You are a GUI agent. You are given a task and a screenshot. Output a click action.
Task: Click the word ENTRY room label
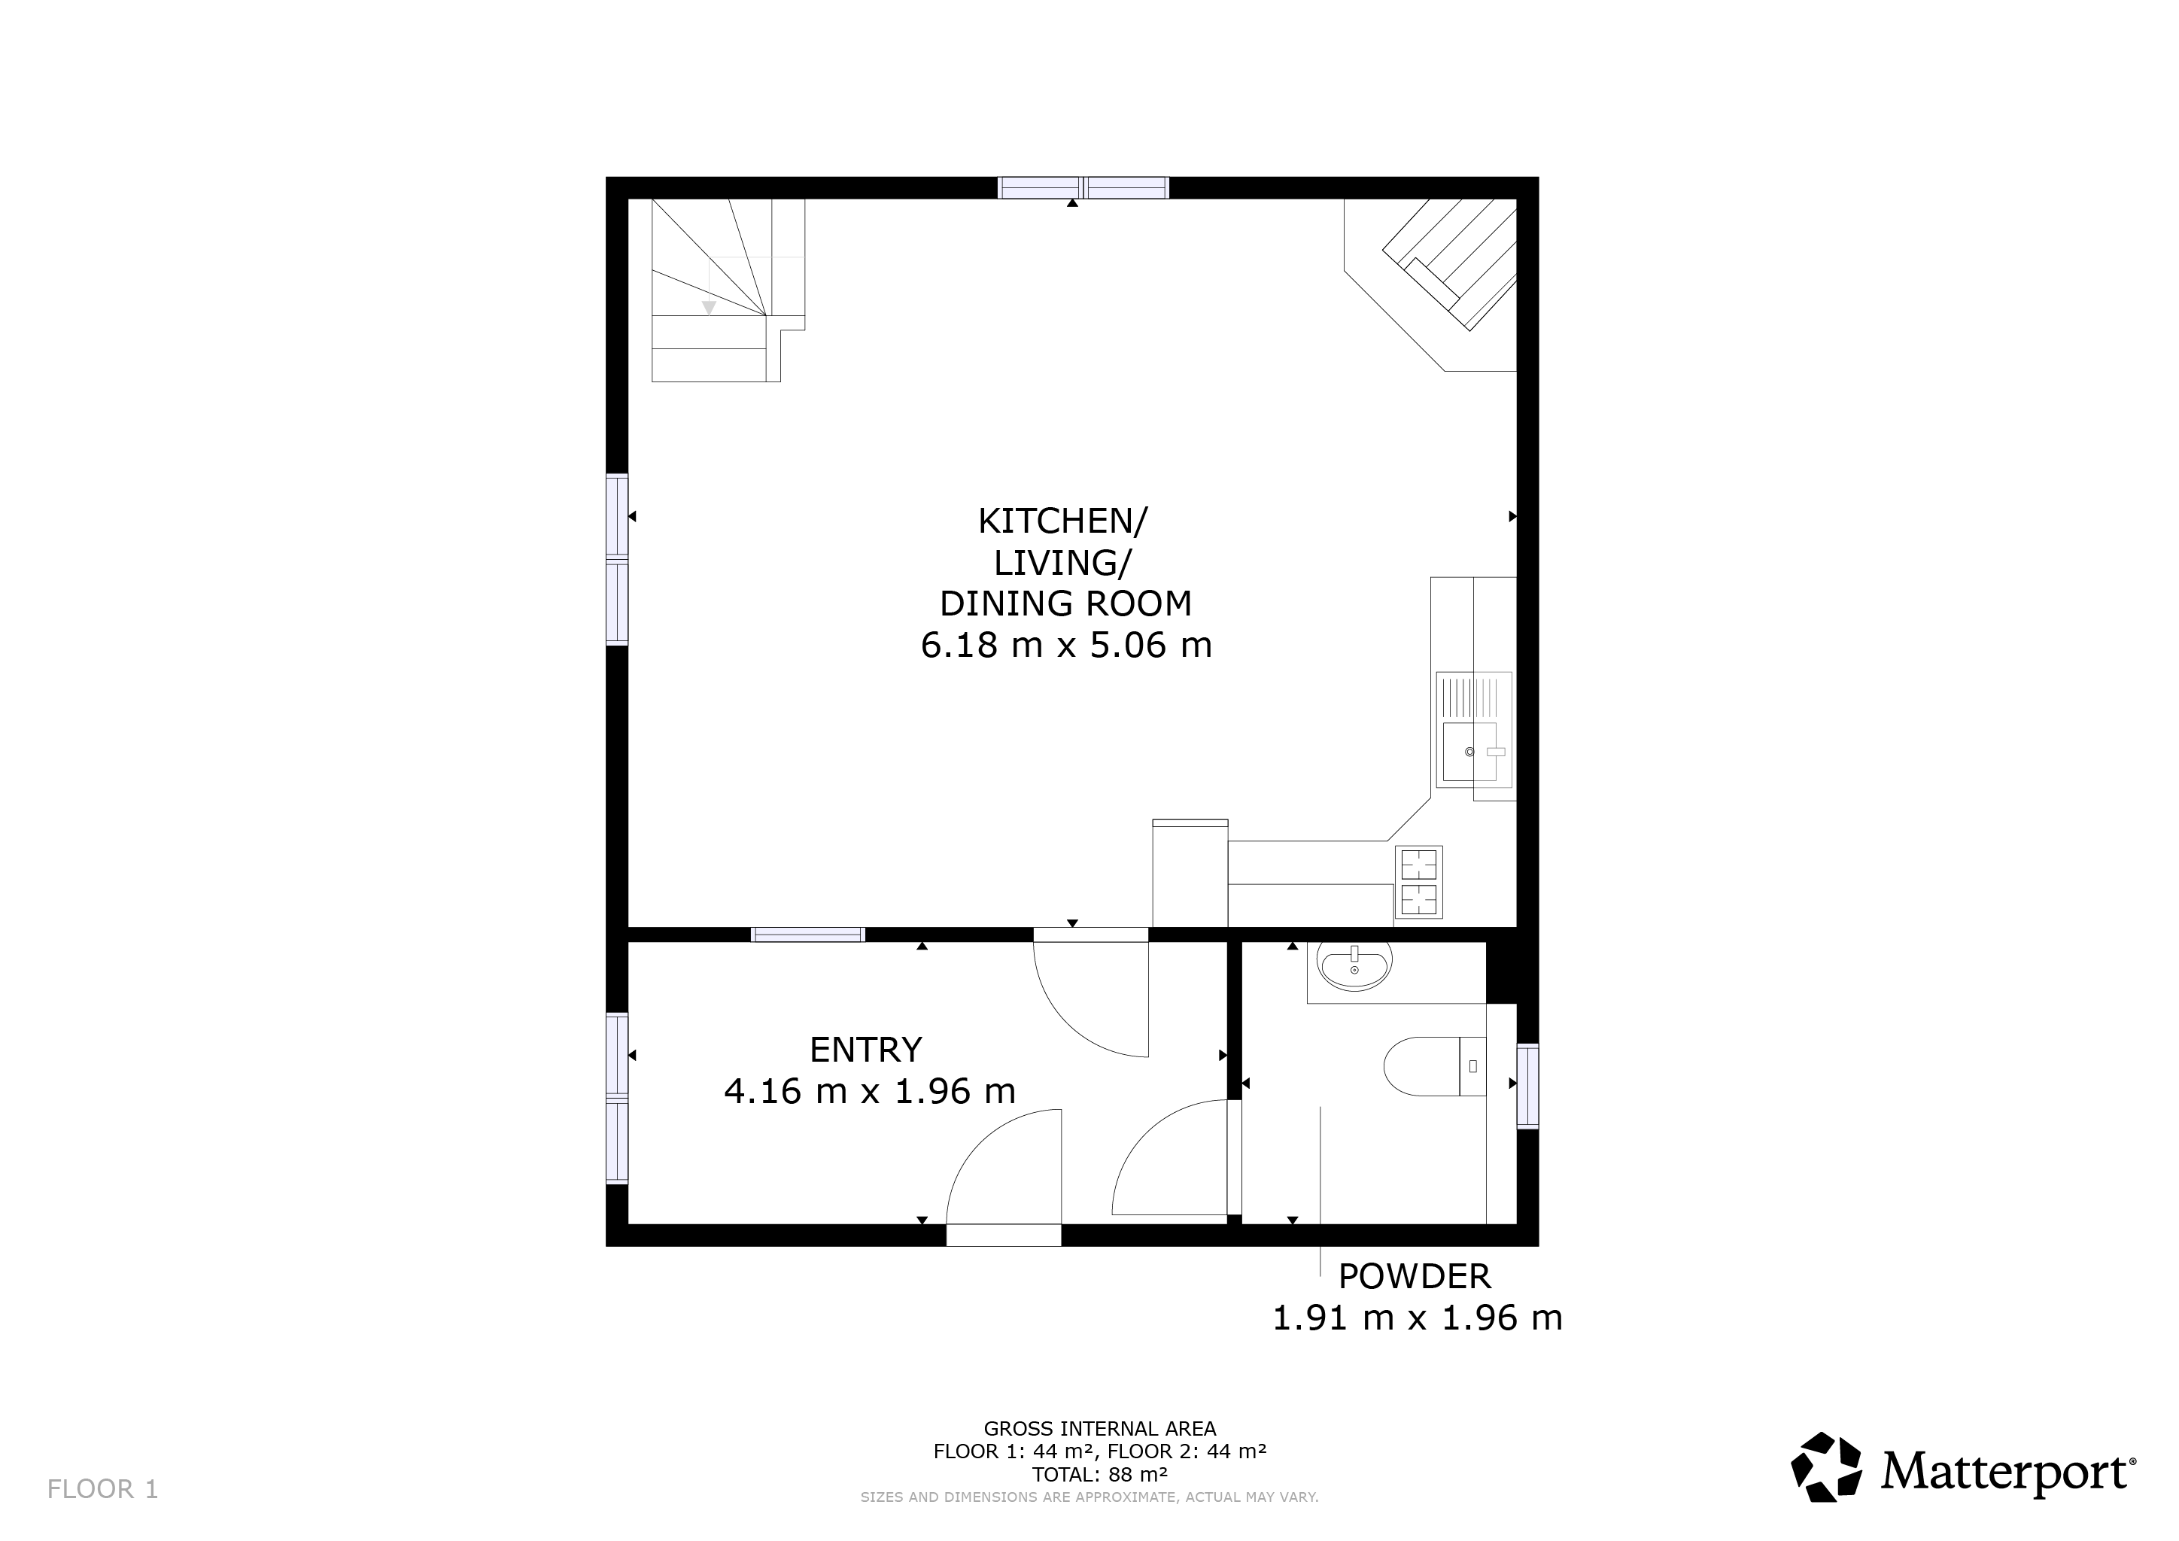(865, 1050)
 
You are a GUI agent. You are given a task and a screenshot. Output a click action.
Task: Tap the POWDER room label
(1414, 1277)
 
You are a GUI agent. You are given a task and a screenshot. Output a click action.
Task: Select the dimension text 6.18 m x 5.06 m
(1065, 646)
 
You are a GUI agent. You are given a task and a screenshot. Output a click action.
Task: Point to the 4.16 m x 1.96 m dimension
(869, 1091)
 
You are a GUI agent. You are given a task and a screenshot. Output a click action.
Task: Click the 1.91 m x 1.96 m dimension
(1416, 1318)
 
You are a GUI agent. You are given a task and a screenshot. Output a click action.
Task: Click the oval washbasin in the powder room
(1354, 966)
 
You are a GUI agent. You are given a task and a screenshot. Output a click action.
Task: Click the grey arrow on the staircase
(708, 308)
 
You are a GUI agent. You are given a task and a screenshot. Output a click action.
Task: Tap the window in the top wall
(1083, 188)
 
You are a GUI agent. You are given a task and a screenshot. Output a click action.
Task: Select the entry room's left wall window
(617, 1099)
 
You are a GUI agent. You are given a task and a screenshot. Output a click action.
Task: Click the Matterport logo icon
(1826, 1468)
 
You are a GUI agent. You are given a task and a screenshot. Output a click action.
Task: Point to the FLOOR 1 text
(102, 1490)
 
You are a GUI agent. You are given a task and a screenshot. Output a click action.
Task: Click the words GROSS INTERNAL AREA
(1100, 1429)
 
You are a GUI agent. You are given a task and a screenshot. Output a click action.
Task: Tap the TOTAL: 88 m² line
(1100, 1475)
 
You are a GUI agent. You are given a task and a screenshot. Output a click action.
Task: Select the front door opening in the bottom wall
(1003, 1235)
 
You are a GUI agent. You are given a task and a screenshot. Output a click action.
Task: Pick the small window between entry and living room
(807, 935)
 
